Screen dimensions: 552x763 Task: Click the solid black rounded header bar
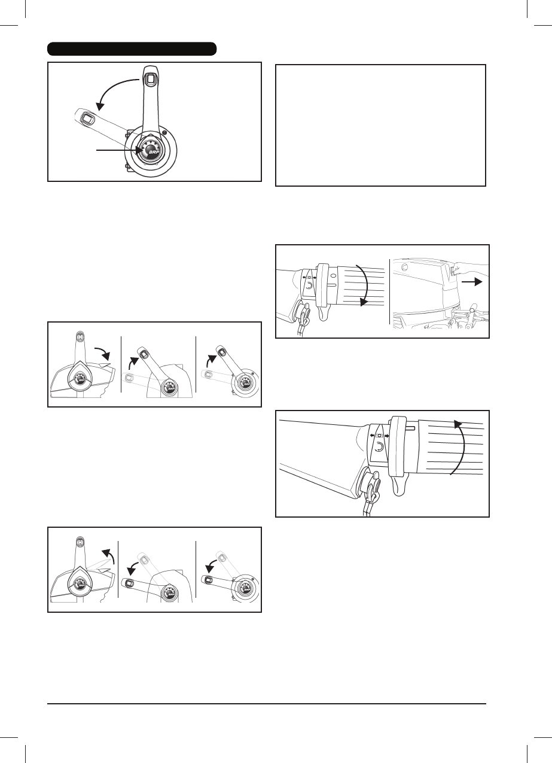click(x=132, y=48)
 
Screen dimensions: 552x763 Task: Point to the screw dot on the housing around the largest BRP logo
click(x=164, y=132)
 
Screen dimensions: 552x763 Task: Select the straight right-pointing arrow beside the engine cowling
click(x=472, y=282)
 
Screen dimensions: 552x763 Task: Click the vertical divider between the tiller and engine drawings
click(x=390, y=291)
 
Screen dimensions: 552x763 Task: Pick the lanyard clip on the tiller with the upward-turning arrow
click(x=373, y=485)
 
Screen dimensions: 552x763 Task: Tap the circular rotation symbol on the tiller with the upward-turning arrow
click(x=379, y=448)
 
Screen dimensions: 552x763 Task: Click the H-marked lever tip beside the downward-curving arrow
click(x=80, y=336)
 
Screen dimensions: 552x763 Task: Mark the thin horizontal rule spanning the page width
click(x=267, y=703)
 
